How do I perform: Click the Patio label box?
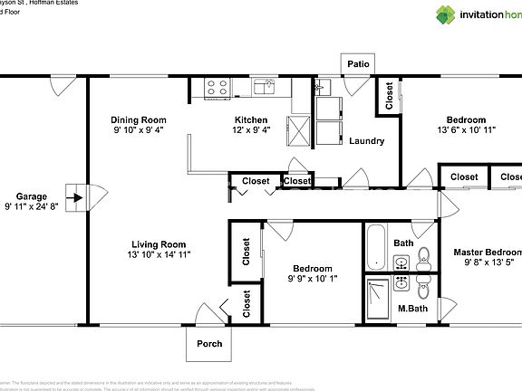[358, 64]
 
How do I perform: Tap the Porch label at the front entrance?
[209, 343]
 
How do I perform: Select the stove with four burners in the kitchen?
[217, 88]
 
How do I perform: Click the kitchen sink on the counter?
[265, 87]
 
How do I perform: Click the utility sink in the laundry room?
[324, 87]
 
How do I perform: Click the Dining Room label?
[139, 119]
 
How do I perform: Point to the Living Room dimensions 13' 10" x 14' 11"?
[159, 254]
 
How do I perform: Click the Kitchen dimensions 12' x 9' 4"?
[251, 130]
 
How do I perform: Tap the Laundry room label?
[367, 141]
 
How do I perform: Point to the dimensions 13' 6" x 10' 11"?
[466, 130]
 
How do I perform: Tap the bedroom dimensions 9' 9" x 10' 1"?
[311, 279]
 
